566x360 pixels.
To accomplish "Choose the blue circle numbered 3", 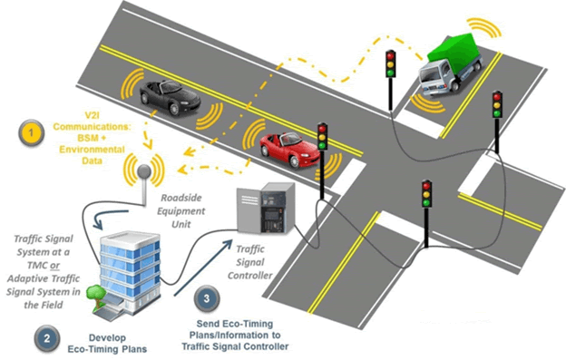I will pyautogui.click(x=205, y=297).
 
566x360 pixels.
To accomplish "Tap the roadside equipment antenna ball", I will pyautogui.click(x=142, y=170).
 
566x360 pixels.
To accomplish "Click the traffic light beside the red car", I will pyautogui.click(x=322, y=136).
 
